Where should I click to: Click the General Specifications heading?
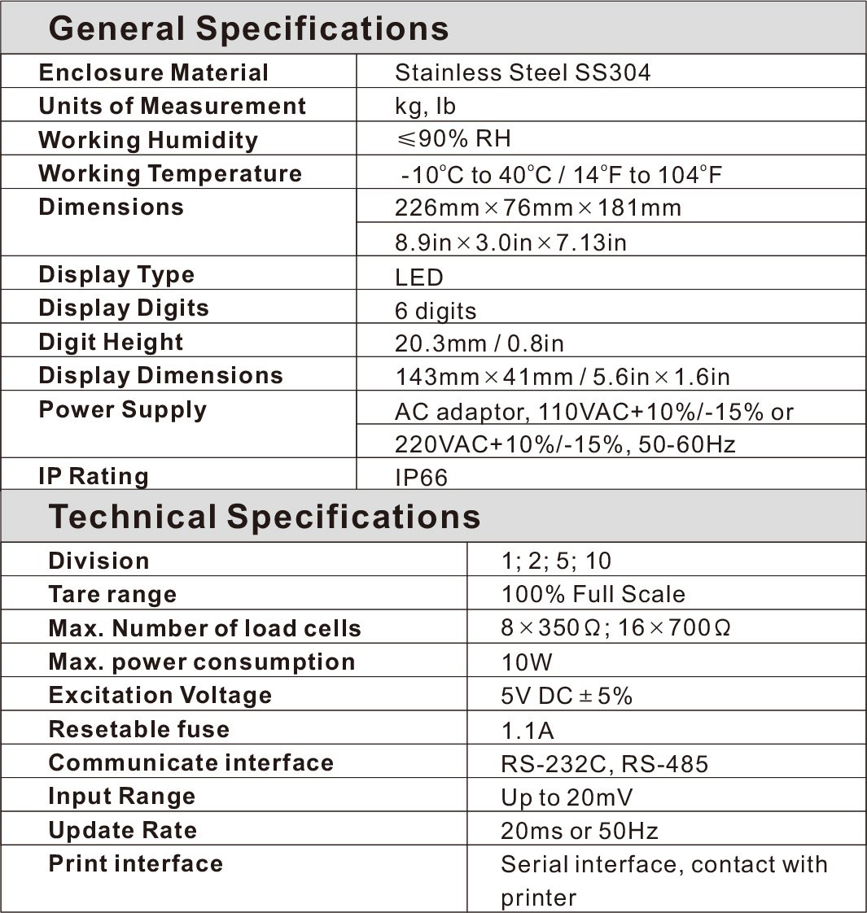[248, 28]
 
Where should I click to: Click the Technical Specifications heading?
[265, 517]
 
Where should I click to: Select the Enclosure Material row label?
[153, 72]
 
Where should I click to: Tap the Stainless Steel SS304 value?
[523, 72]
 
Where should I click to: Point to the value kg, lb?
[425, 107]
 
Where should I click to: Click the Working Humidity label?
[148, 140]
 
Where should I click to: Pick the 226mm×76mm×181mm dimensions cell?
[537, 207]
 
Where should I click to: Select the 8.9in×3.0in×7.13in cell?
[510, 242]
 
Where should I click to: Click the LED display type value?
[418, 277]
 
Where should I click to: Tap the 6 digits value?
[436, 311]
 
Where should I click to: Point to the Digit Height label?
[111, 342]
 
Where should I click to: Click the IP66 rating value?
[421, 477]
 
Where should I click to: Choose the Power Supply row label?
[122, 409]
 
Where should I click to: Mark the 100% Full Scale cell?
[593, 594]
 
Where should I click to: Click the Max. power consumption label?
[202, 662]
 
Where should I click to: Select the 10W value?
[527, 662]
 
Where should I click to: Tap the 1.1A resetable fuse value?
[528, 730]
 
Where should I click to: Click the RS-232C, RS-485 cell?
[605, 764]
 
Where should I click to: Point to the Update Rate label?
[123, 830]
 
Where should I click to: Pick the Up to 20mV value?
[567, 797]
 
